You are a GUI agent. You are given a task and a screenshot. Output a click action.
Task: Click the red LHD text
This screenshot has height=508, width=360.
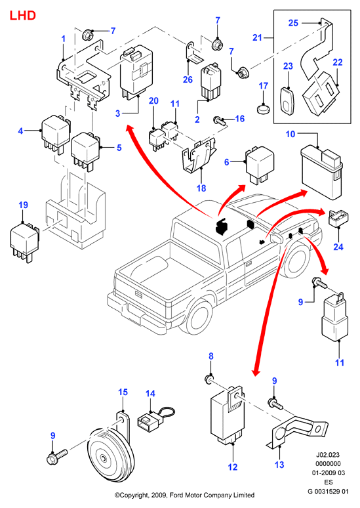pyautogui.click(x=23, y=15)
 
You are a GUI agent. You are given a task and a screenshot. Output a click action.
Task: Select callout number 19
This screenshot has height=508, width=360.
pyautogui.click(x=24, y=205)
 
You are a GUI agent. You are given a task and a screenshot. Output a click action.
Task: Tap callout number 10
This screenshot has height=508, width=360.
pyautogui.click(x=290, y=134)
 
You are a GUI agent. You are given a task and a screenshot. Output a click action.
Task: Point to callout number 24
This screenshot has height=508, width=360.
pyautogui.click(x=338, y=247)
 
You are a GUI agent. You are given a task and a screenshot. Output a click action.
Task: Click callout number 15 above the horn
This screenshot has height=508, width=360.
pyautogui.click(x=123, y=392)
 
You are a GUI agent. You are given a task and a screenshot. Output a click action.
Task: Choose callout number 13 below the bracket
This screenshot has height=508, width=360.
pyautogui.click(x=279, y=465)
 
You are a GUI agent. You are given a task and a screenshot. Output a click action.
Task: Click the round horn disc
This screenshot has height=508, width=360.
pyautogui.click(x=111, y=454)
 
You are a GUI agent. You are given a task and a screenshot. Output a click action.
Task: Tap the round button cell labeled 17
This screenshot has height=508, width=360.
pyautogui.click(x=263, y=108)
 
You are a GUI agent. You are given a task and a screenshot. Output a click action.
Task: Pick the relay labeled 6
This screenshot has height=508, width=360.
pyautogui.click(x=260, y=165)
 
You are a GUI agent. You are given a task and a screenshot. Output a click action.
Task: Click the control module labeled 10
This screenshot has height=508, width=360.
pyautogui.click(x=322, y=173)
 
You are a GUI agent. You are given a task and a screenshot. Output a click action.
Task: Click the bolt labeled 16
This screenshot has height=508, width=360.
pyautogui.click(x=220, y=121)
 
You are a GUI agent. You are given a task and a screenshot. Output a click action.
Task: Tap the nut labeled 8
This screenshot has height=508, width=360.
pyautogui.click(x=209, y=379)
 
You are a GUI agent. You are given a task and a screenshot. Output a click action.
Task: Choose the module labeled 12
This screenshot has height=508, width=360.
pyautogui.click(x=227, y=415)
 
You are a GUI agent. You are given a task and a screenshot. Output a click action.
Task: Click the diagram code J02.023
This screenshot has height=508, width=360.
pyautogui.click(x=329, y=455)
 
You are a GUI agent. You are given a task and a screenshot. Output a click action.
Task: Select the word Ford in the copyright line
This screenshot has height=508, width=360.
pyautogui.click(x=173, y=495)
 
